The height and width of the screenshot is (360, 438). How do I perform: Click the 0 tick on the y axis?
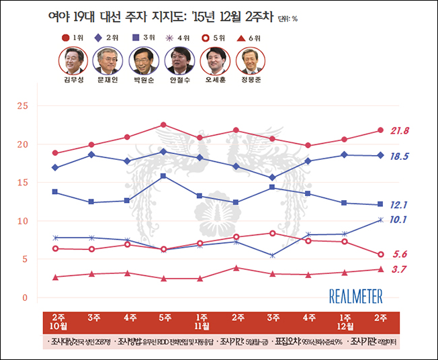coord(25,298)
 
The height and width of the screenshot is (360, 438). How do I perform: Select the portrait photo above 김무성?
coord(73,61)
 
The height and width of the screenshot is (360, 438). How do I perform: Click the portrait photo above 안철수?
coord(178,61)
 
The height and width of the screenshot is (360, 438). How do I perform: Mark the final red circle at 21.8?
coord(380,130)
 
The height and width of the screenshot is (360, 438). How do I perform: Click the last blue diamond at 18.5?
coord(380,156)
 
